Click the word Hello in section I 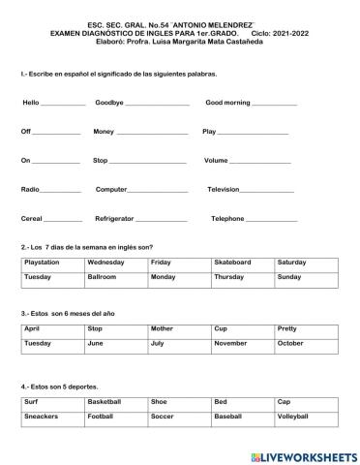point(31,102)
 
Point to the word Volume point(216,160)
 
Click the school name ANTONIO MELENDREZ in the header point(225,22)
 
